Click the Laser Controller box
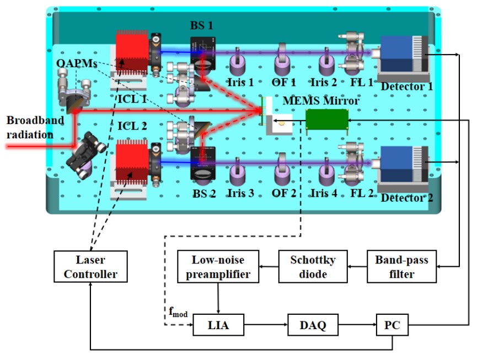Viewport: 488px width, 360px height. (x=90, y=266)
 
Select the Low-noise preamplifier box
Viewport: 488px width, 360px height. (x=218, y=266)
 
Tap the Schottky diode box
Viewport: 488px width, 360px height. (x=313, y=266)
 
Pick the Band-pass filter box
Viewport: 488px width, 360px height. (x=402, y=266)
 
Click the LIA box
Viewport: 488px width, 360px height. (x=218, y=326)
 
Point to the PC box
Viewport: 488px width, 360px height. (x=393, y=326)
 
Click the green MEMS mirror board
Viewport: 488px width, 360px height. (x=327, y=118)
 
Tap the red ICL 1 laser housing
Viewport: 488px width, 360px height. (x=132, y=55)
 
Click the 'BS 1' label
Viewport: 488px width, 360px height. (x=201, y=25)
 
